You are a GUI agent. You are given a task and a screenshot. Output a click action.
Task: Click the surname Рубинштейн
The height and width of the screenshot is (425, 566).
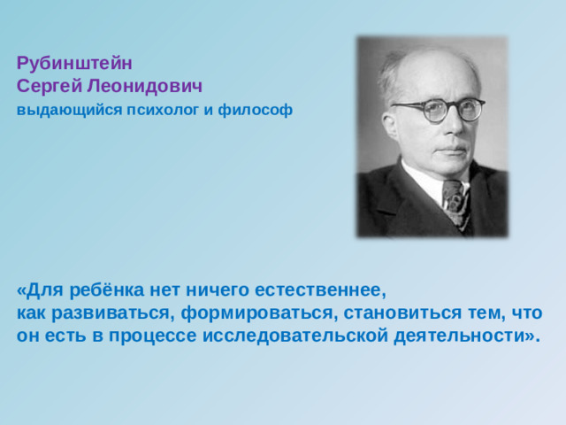point(73,64)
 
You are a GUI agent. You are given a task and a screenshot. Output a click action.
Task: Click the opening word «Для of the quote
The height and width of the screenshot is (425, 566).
point(36,290)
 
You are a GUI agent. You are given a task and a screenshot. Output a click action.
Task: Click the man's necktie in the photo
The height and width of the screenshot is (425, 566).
point(456,204)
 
